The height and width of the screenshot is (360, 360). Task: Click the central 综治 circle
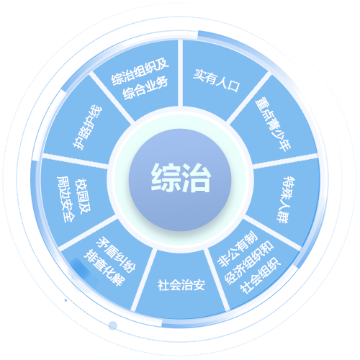tap(180, 180)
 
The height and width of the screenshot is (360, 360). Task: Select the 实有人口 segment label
tap(216, 81)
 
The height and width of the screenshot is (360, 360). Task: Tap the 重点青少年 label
tap(273, 125)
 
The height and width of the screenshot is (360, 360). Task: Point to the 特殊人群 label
tap(287, 200)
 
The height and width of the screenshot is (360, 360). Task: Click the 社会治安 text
tap(181, 285)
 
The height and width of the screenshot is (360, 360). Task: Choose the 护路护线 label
tap(88, 127)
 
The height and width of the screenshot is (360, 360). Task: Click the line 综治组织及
tap(140, 71)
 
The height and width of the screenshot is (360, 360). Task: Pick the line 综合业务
tap(145, 88)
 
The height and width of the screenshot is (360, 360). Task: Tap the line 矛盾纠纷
tap(116, 255)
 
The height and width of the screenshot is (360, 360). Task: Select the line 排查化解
tap(104, 268)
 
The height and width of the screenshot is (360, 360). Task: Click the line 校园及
tap(83, 196)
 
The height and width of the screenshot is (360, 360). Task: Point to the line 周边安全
tap(66, 199)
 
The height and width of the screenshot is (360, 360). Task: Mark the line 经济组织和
tap(250, 263)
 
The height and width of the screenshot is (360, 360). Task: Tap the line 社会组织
tap(261, 275)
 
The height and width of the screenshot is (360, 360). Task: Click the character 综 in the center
tap(166, 178)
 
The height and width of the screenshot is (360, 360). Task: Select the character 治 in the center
tap(197, 178)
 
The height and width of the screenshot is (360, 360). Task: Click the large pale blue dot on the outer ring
tap(112, 325)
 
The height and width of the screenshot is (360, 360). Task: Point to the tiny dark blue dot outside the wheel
tap(66, 300)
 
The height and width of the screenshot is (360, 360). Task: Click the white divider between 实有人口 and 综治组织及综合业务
tap(180, 73)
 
